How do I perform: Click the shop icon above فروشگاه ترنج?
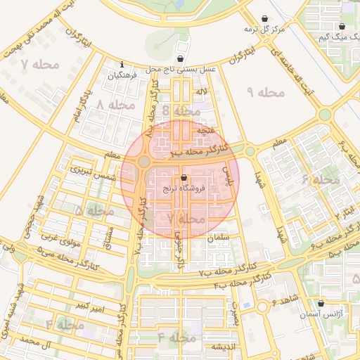pos(184,178)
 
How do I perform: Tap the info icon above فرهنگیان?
pos(122,64)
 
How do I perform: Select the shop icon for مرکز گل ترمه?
pos(264,19)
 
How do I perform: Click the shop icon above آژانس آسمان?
pos(321,304)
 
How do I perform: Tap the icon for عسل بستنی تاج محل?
pos(181,59)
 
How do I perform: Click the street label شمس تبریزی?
pos(92,174)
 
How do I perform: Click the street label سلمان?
pos(219,238)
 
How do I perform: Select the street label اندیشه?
pos(217,347)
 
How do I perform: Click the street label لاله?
pos(202,91)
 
